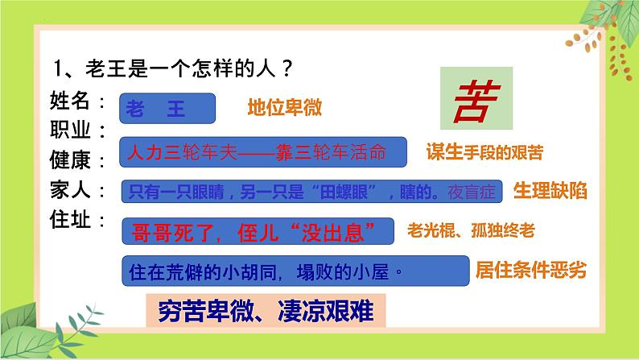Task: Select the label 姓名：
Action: pyautogui.click(x=78, y=101)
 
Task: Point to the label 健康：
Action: pyautogui.click(x=78, y=159)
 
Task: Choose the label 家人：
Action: pyautogui.click(x=78, y=190)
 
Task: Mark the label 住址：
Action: pyautogui.click(x=78, y=218)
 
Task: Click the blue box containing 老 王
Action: pyautogui.click(x=167, y=110)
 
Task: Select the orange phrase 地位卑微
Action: pyautogui.click(x=278, y=110)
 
